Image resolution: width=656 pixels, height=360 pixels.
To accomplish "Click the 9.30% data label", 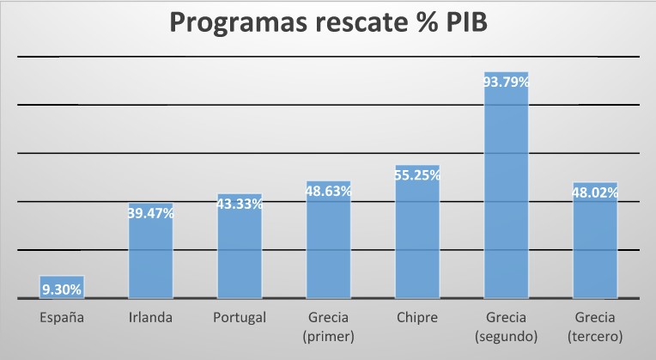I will [x=61, y=290].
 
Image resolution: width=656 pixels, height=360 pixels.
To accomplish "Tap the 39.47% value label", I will [x=150, y=213].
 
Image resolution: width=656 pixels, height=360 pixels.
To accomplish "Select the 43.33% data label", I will [x=240, y=204].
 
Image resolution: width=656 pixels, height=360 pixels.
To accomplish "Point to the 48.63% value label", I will [x=329, y=192].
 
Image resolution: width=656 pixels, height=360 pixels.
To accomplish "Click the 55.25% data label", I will [x=417, y=175].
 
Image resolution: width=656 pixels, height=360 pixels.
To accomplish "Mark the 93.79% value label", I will [x=507, y=82].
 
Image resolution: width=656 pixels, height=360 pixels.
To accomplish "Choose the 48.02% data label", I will [x=595, y=193].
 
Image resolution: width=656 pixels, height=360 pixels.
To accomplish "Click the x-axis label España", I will [x=62, y=318].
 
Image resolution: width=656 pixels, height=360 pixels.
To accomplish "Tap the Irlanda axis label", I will [x=150, y=318].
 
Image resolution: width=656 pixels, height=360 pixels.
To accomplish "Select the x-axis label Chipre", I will [x=417, y=318].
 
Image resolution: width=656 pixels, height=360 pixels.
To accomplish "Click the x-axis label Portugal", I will [x=240, y=318].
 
